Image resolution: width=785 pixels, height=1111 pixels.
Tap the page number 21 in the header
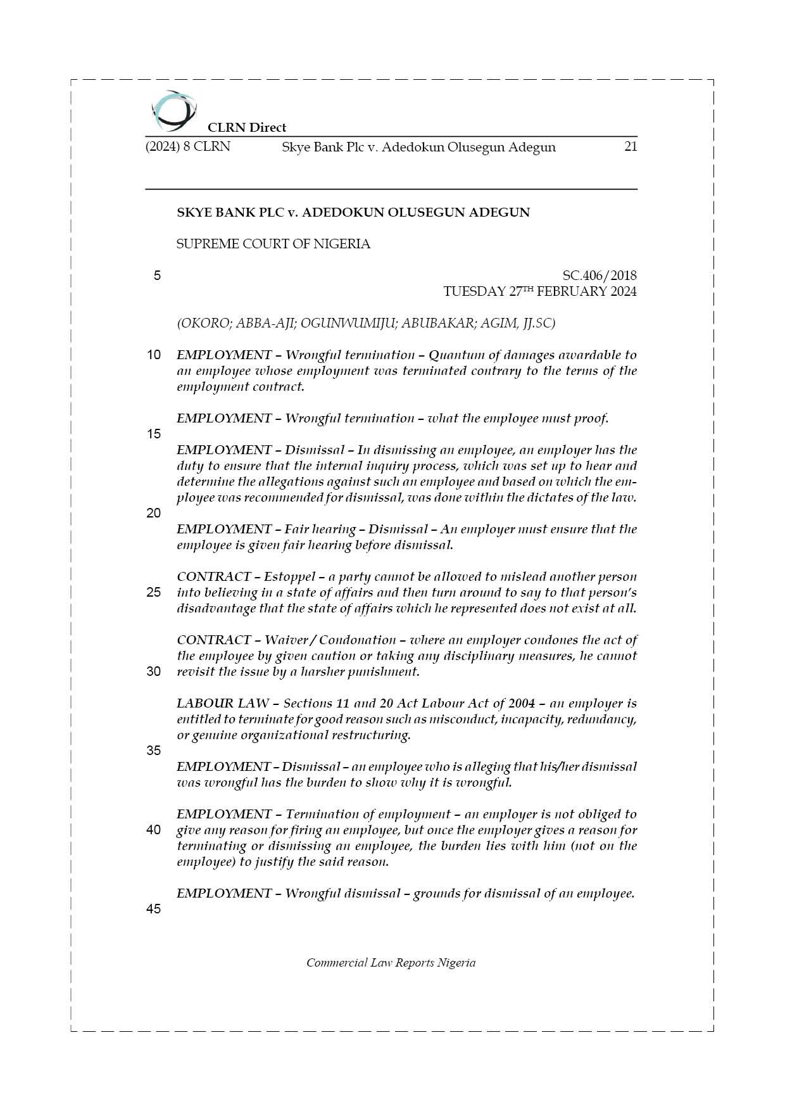click(x=630, y=146)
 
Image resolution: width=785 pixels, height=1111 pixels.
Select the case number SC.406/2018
click(x=599, y=276)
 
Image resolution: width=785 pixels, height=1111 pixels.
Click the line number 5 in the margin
click(x=157, y=276)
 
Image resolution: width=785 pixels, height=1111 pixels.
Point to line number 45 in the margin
click(x=154, y=909)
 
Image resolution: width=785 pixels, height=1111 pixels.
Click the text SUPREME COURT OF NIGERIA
click(x=273, y=244)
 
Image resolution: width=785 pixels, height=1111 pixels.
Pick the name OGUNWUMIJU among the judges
click(x=346, y=323)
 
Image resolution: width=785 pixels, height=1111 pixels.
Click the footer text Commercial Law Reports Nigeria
click(x=391, y=963)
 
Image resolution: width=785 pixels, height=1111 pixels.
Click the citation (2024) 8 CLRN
click(x=188, y=147)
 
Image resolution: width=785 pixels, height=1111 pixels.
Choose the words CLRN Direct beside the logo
click(x=247, y=127)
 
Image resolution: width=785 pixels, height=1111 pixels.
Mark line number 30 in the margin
click(x=154, y=671)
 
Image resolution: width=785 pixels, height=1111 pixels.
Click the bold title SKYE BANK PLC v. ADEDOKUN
click(x=353, y=212)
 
